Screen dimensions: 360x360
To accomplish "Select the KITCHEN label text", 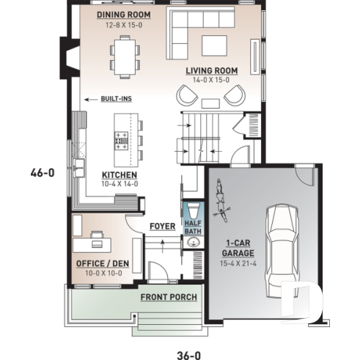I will (119, 175).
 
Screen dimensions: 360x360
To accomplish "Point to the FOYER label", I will (162, 227).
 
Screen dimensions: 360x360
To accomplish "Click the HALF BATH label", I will (192, 227).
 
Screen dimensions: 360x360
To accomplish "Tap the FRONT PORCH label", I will (169, 296).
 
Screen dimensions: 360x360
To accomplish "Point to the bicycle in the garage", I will (220, 201).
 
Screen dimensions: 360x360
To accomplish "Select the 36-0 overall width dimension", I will (188, 354).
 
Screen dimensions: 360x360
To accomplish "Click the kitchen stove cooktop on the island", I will (122, 139).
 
